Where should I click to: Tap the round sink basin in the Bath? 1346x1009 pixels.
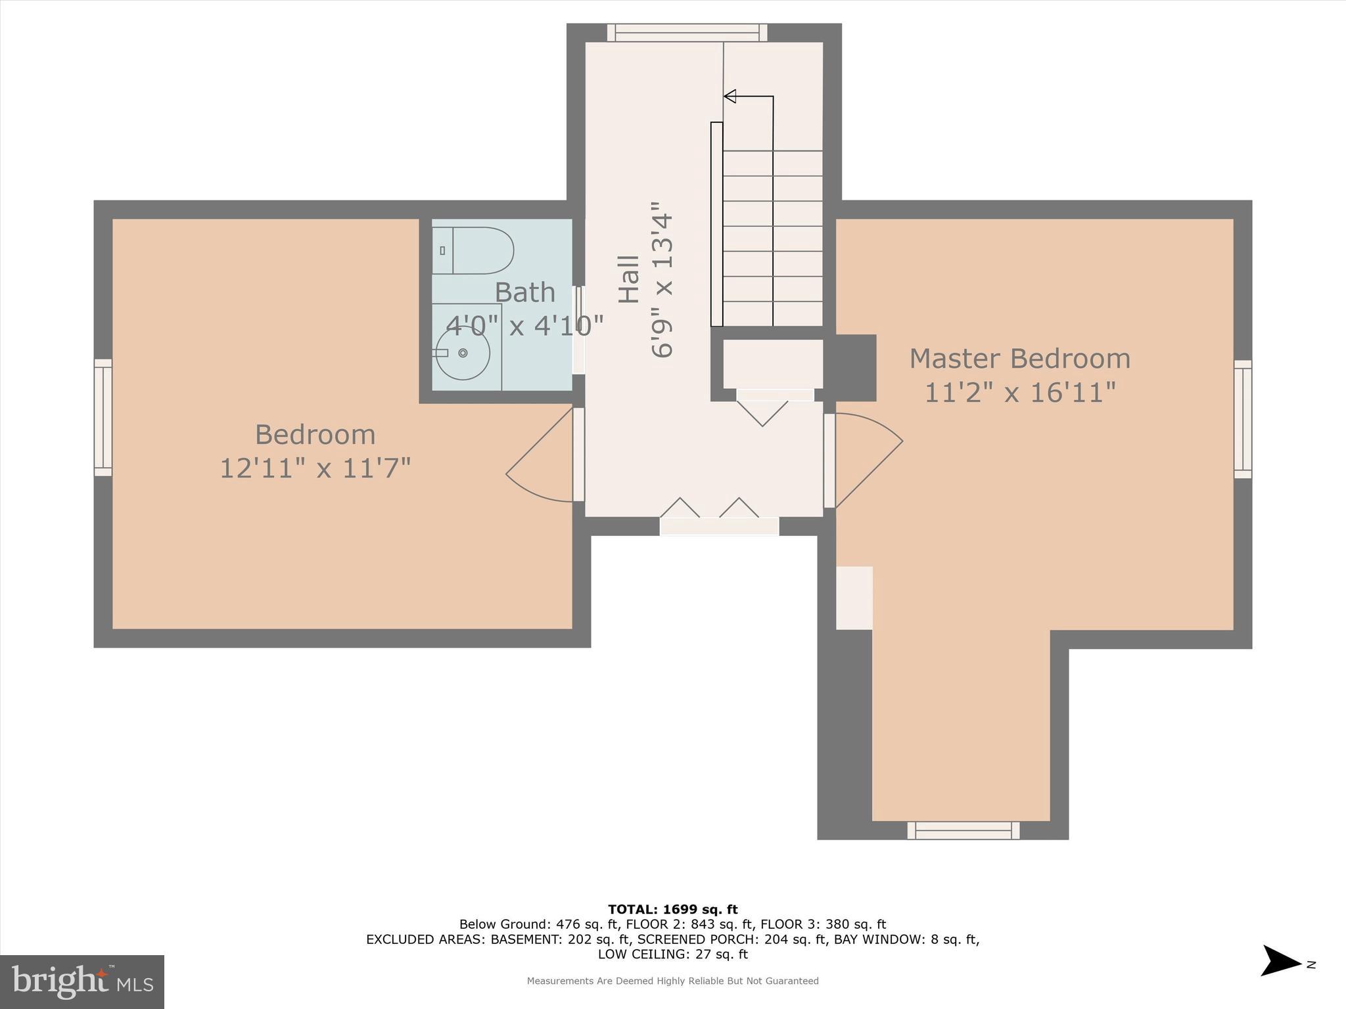[x=463, y=353]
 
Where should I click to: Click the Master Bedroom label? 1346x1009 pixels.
[x=1019, y=359]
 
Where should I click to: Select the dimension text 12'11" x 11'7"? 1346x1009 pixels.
[x=315, y=469]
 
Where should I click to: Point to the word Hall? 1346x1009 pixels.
[x=629, y=279]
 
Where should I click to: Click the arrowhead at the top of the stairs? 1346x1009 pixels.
[x=730, y=97]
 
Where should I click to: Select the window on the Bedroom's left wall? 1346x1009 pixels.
[x=103, y=417]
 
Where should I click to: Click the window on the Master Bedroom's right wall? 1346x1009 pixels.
[x=1242, y=419]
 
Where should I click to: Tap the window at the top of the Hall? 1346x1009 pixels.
[x=687, y=33]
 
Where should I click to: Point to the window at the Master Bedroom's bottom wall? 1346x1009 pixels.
[x=963, y=830]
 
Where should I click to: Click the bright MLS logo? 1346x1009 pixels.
[x=82, y=982]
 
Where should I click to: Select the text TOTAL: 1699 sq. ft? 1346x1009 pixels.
[x=672, y=910]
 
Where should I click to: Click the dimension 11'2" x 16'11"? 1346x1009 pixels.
[x=1019, y=393]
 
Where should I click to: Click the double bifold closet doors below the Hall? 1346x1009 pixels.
[x=719, y=516]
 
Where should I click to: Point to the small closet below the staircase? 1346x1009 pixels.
[x=773, y=364]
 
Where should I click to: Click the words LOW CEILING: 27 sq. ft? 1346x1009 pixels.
[x=672, y=954]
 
